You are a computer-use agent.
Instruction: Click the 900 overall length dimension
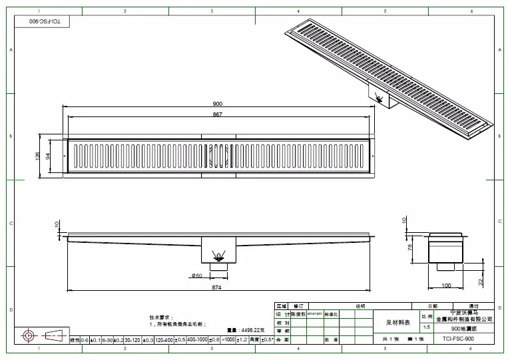point(218,104)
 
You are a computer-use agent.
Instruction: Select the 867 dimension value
point(218,114)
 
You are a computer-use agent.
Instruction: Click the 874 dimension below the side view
point(218,288)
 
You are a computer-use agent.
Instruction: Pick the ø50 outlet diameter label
point(197,275)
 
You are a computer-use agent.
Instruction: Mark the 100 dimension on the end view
point(445,286)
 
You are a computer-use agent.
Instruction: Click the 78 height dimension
point(411,247)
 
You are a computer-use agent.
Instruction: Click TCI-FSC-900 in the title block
point(459,339)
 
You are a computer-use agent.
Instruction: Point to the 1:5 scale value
point(425,327)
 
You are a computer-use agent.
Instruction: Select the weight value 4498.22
point(254,329)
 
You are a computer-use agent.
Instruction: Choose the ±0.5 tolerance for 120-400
point(180,339)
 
